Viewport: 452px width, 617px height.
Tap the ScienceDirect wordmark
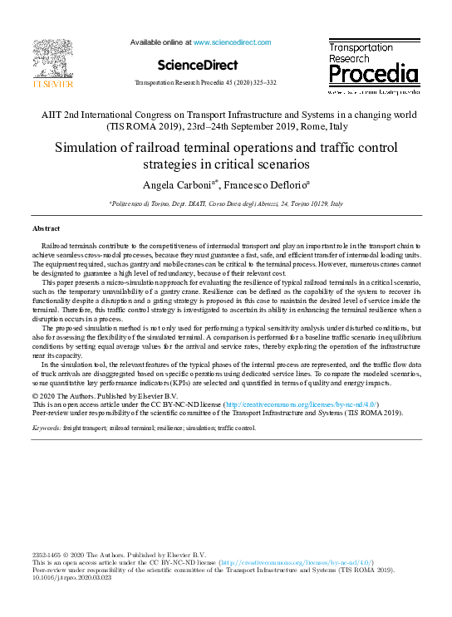[x=197, y=65]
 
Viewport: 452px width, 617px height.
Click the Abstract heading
[x=46, y=228]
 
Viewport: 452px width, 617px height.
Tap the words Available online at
[x=160, y=41]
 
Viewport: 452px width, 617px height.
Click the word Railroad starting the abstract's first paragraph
[x=56, y=247]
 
